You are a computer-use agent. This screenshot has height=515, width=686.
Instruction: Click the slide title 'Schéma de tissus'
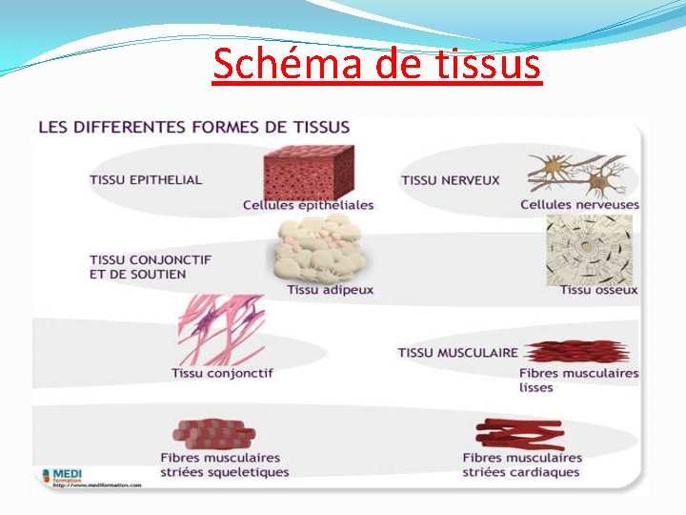[x=376, y=64]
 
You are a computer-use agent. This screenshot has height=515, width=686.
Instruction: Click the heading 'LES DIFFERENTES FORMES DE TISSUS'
[x=193, y=126]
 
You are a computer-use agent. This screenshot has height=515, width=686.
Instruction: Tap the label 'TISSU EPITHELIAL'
[x=146, y=179]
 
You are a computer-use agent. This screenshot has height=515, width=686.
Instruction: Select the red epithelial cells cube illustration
[x=308, y=172]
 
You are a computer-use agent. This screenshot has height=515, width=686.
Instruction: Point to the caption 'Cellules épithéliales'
[x=308, y=205]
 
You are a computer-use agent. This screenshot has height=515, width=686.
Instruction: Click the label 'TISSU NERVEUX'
[x=450, y=180]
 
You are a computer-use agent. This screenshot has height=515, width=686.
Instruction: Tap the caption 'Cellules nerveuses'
[x=579, y=204]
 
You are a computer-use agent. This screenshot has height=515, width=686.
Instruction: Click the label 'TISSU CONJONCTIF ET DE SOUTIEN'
[x=151, y=266]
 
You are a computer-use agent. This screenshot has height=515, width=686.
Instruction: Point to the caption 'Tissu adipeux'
[x=330, y=290]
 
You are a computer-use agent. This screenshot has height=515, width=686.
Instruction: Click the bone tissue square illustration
[x=589, y=249]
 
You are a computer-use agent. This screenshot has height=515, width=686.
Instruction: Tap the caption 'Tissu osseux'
[x=598, y=290]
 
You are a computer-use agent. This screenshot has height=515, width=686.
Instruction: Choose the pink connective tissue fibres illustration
[x=221, y=329]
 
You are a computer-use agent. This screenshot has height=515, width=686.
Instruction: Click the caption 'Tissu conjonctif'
[x=221, y=373]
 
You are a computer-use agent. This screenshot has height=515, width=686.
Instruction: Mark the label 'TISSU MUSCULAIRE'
[x=457, y=353]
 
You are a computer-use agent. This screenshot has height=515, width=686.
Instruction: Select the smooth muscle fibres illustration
[x=576, y=352]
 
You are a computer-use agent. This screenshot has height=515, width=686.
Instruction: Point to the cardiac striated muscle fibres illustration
[x=519, y=434]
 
